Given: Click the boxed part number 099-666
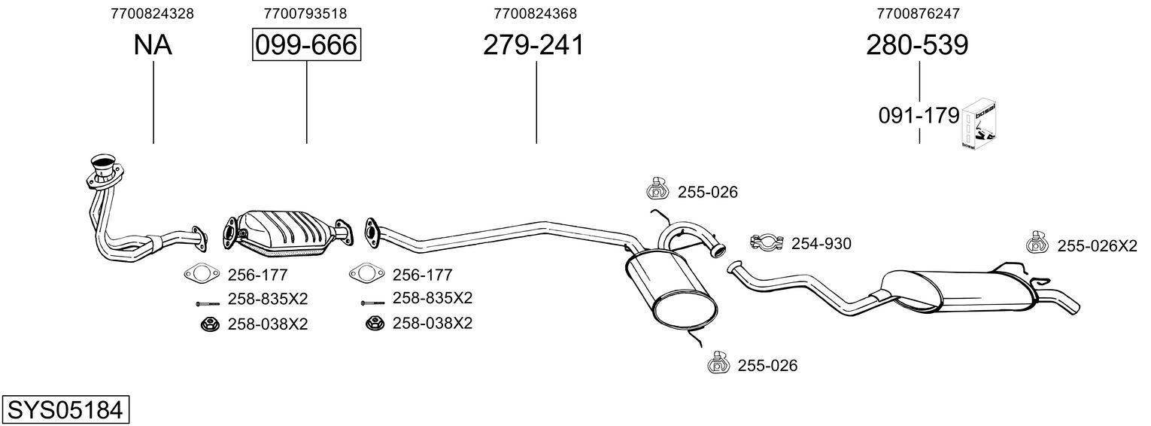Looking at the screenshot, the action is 306,44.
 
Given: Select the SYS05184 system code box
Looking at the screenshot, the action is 65,409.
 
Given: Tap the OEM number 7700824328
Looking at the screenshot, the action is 152,14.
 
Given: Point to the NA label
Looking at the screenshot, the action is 153,44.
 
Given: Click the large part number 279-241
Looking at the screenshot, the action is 533,44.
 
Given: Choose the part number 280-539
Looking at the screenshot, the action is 917,44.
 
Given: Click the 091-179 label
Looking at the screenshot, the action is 919,116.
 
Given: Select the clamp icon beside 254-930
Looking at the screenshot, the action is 766,242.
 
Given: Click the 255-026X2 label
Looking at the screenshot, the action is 1097,246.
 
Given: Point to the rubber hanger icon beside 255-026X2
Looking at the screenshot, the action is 1037,242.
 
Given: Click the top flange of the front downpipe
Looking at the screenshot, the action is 105,169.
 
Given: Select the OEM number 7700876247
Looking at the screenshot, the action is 918,14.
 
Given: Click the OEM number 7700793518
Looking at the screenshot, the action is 305,14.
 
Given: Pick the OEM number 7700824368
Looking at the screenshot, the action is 535,14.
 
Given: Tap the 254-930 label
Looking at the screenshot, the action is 821,244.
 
